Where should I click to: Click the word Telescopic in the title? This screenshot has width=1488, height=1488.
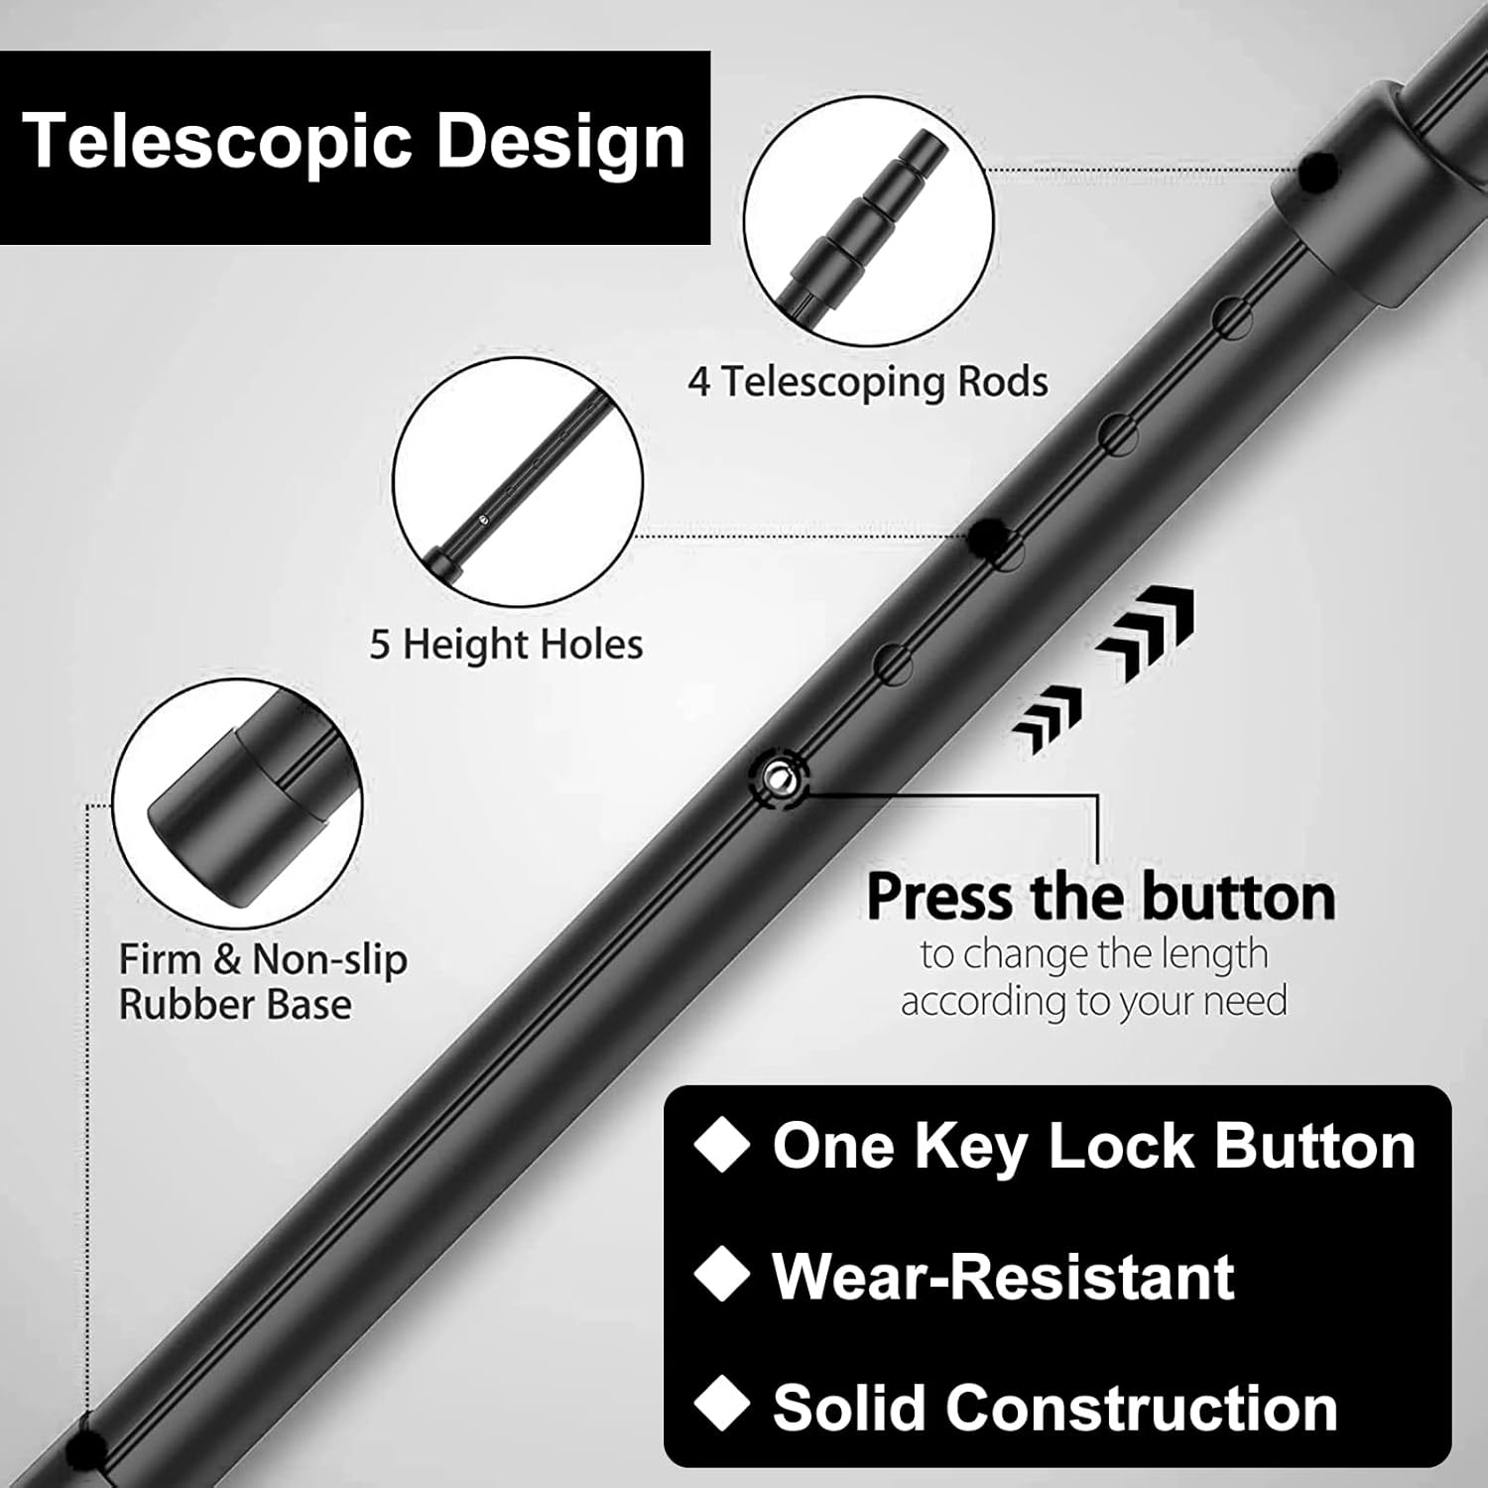[x=214, y=142]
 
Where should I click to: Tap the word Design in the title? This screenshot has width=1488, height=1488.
[x=560, y=142]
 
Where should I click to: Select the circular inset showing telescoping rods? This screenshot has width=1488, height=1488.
[x=868, y=220]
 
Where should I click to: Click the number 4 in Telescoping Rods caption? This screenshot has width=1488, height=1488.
[x=699, y=383]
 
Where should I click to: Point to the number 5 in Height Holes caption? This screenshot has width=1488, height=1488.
[x=380, y=646]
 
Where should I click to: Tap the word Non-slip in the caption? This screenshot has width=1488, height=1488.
[x=329, y=960]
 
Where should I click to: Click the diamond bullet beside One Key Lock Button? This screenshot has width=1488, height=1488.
[x=721, y=1146]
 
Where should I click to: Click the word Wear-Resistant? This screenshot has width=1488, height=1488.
[x=1003, y=1276]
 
